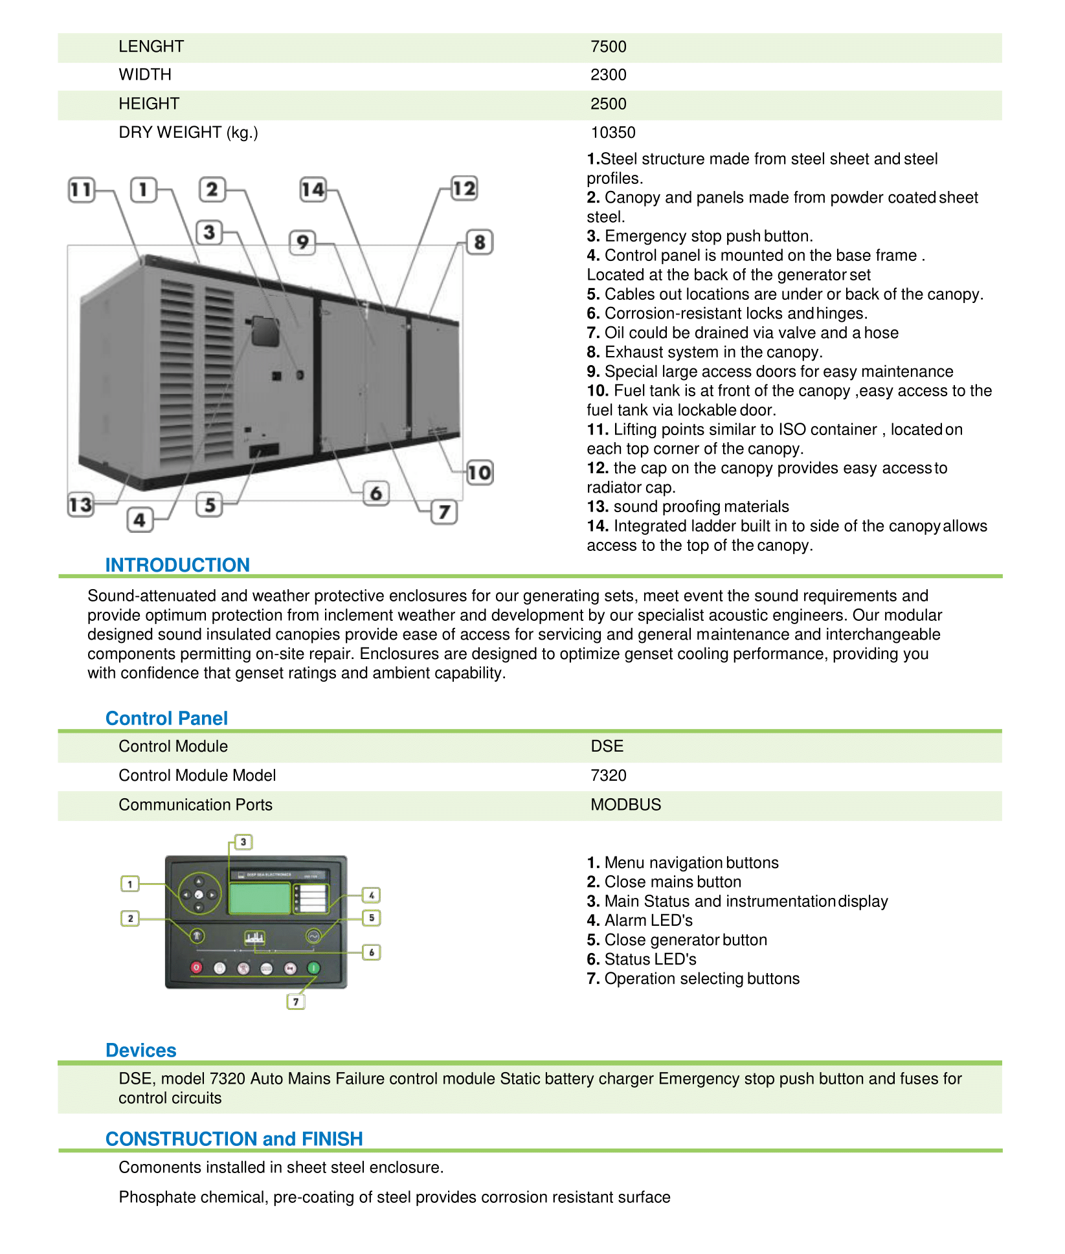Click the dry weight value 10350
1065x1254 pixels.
tap(612, 132)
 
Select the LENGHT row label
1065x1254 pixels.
tap(151, 47)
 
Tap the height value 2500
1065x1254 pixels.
tap(608, 104)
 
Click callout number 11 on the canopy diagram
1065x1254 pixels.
tap(81, 190)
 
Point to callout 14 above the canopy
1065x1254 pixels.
tap(313, 190)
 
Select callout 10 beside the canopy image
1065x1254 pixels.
tap(480, 473)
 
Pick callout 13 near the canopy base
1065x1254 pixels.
tap(81, 504)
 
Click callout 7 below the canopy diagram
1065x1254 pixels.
tap(444, 512)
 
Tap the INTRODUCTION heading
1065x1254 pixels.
tap(177, 565)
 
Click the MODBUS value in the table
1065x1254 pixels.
tap(625, 805)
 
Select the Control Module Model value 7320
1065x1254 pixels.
tap(608, 776)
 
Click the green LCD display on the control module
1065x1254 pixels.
tap(260, 898)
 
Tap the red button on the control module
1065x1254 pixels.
tap(197, 968)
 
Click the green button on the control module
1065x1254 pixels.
tap(313, 968)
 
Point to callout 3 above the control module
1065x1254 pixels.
tap(243, 842)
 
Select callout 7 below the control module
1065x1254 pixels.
tap(296, 1002)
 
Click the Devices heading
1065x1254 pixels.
tap(140, 1050)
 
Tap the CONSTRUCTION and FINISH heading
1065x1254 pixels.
tap(234, 1139)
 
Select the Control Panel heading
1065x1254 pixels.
tap(166, 718)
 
